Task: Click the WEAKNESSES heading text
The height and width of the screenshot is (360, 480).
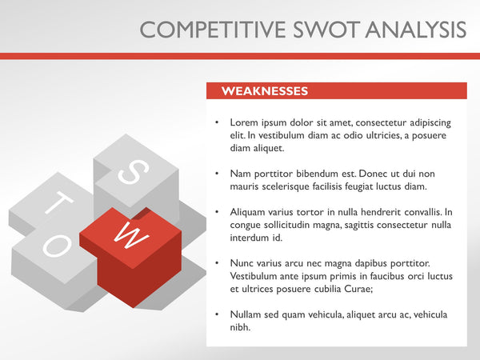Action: click(264, 91)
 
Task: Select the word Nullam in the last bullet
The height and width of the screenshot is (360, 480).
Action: click(246, 314)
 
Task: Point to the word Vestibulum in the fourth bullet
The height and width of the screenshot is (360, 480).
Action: click(256, 276)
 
